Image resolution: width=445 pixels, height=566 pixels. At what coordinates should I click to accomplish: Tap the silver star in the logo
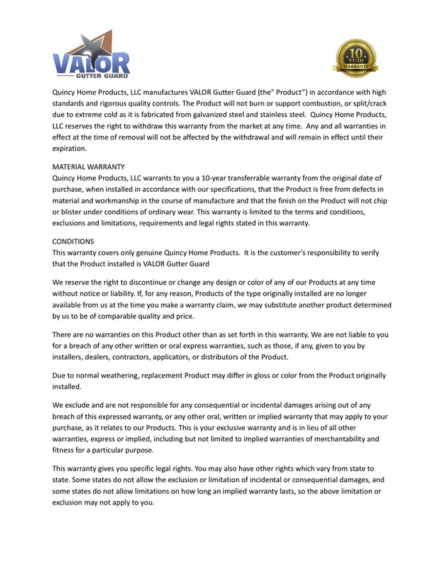point(94,48)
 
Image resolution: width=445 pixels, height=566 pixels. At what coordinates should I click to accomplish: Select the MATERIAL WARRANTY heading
point(88,167)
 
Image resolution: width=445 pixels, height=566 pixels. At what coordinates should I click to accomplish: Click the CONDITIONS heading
point(73,242)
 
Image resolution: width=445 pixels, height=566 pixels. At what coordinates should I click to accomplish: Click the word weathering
point(119,376)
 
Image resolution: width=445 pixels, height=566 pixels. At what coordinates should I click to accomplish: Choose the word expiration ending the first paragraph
point(69,148)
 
